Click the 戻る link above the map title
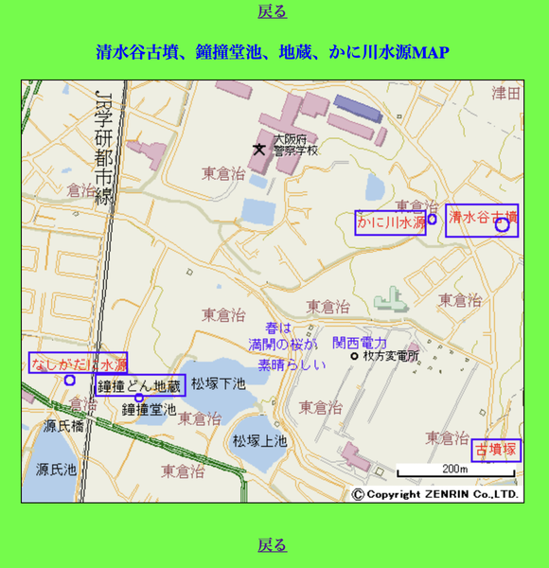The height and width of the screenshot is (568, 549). [272, 11]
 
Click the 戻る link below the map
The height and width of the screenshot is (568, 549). [272, 544]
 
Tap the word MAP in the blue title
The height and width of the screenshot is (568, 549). [431, 51]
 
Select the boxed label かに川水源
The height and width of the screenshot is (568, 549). [391, 222]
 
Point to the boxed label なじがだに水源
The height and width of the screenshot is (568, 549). [78, 364]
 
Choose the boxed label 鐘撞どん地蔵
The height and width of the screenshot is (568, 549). [140, 385]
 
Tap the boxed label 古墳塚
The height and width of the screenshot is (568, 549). [497, 449]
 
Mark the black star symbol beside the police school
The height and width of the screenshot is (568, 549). [258, 149]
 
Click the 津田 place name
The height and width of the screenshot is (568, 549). [506, 93]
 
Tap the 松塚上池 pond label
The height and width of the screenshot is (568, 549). [260, 441]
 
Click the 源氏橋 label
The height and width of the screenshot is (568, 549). [63, 426]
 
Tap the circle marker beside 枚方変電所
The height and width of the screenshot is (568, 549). [355, 357]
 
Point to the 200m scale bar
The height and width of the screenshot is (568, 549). [455, 470]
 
